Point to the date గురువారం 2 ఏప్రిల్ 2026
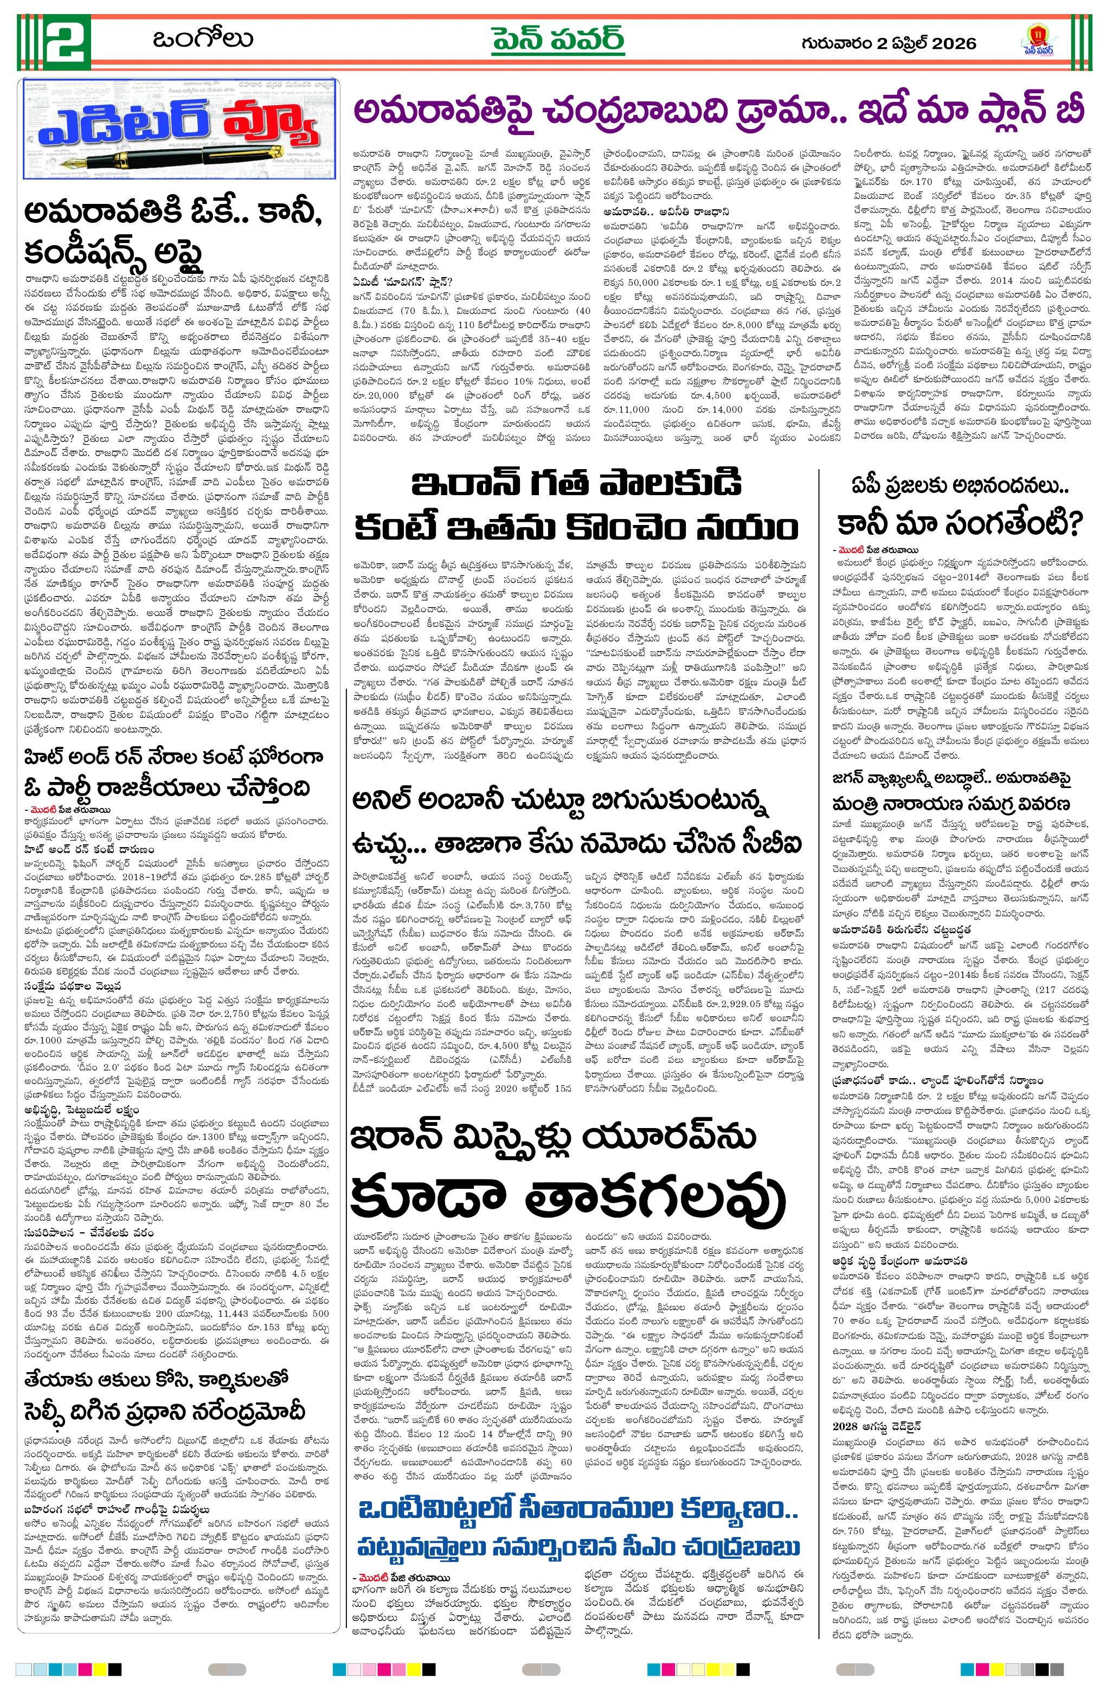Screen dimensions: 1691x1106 coord(889,43)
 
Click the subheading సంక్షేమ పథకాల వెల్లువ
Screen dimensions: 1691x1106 coord(72,986)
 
